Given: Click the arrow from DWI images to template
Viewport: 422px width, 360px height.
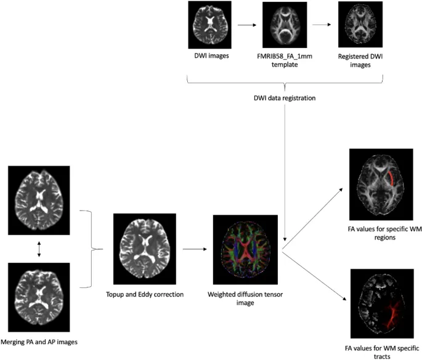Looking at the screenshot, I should (248, 25).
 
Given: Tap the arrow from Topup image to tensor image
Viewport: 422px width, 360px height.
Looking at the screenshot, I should (193, 250).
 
